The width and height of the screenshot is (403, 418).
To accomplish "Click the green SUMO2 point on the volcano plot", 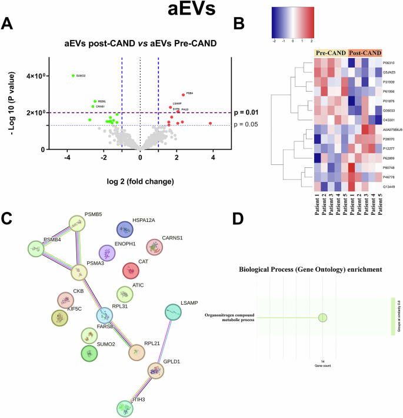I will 73,76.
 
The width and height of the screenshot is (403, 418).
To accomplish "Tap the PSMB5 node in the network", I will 77,223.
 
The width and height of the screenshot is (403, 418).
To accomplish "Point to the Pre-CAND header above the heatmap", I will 330,53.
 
